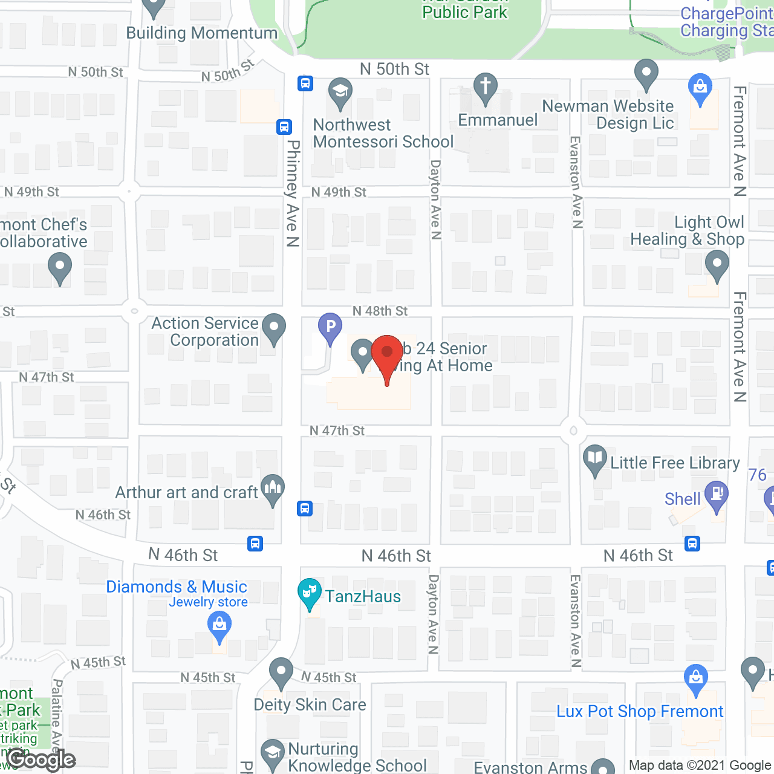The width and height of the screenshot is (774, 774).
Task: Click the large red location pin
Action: (x=387, y=354)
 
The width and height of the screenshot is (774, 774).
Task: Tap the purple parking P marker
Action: (x=330, y=327)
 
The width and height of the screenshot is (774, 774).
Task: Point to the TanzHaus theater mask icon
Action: (x=310, y=593)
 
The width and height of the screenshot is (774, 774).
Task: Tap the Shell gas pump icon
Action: (x=717, y=495)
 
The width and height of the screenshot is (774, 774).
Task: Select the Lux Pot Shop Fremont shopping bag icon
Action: (x=696, y=678)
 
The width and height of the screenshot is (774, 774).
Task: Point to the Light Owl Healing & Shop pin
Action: (x=717, y=264)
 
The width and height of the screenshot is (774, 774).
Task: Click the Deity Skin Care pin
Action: (x=281, y=672)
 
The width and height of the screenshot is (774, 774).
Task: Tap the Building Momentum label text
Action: (x=201, y=33)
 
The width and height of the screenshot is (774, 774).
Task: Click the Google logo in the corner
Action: (x=41, y=759)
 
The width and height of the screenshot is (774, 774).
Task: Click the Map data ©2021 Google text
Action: (x=700, y=766)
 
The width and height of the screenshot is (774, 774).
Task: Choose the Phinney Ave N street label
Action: (x=293, y=193)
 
